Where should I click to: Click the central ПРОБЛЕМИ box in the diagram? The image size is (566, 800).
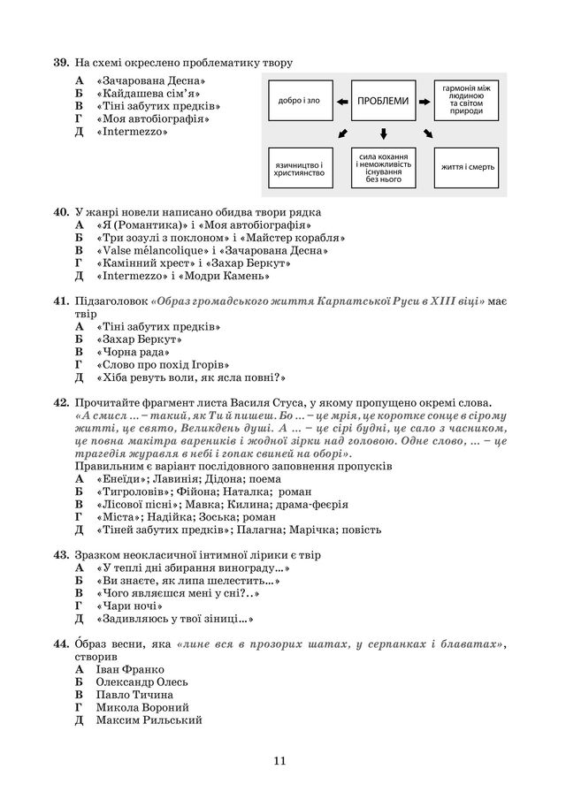(x=383, y=101)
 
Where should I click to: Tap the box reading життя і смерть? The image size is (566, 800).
(x=468, y=166)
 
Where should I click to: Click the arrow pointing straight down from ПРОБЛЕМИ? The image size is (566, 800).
(x=383, y=133)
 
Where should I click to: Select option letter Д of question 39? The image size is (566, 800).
(x=79, y=131)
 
